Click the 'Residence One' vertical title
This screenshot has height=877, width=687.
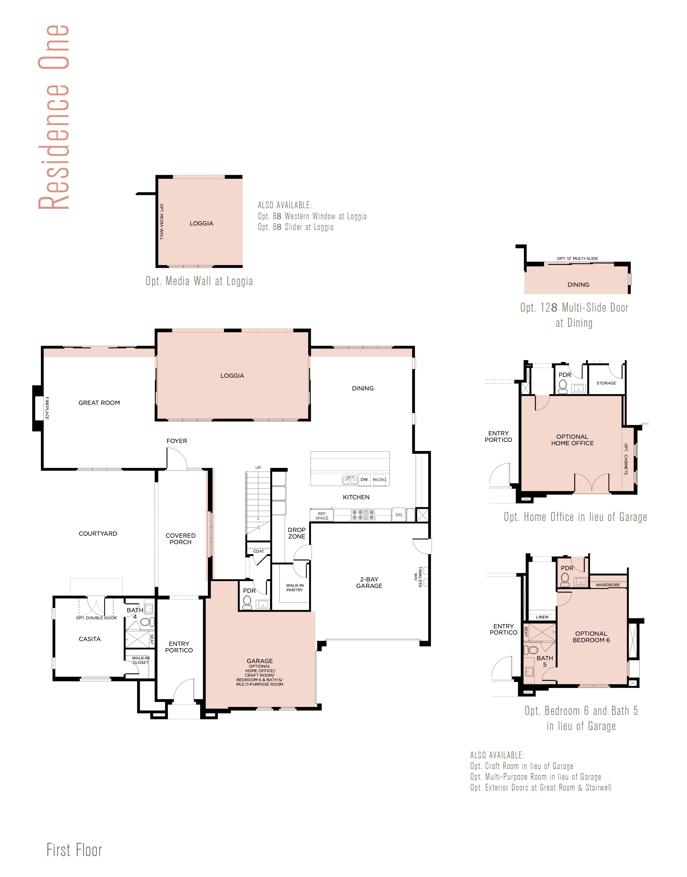(x=54, y=117)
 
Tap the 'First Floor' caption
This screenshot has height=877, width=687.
(x=75, y=850)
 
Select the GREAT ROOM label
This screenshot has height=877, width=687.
(x=99, y=403)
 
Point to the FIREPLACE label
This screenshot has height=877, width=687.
(x=47, y=408)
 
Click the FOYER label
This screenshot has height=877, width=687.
(x=177, y=441)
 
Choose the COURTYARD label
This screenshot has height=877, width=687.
(x=98, y=533)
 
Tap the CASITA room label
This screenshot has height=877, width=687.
(x=90, y=639)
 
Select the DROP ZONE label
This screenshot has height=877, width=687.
(x=297, y=533)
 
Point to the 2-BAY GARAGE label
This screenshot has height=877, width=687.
(x=369, y=583)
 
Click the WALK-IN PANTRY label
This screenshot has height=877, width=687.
(x=295, y=588)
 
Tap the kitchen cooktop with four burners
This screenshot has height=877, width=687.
(x=363, y=515)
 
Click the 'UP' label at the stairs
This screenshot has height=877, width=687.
(x=258, y=468)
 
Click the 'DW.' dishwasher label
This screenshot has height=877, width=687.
(x=364, y=479)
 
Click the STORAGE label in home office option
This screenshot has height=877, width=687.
(x=606, y=383)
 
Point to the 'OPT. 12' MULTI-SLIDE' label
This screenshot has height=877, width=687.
(x=577, y=259)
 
